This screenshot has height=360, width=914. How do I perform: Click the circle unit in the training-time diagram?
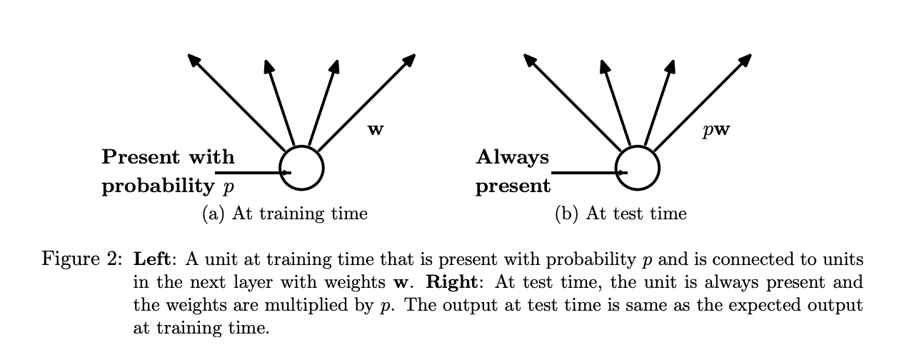point(301,169)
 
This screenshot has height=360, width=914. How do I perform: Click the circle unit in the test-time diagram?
point(637,169)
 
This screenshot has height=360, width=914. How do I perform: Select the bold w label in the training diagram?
point(375,130)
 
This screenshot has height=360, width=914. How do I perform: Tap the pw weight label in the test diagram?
point(715,130)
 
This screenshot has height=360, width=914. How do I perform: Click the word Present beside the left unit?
point(137,156)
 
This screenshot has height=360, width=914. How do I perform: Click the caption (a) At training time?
point(285,213)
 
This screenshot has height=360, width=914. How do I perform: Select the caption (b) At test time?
point(621,213)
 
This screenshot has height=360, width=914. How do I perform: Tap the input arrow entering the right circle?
point(588,172)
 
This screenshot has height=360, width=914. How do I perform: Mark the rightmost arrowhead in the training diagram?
point(411,59)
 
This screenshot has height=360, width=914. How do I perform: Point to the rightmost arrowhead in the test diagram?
point(746,59)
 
